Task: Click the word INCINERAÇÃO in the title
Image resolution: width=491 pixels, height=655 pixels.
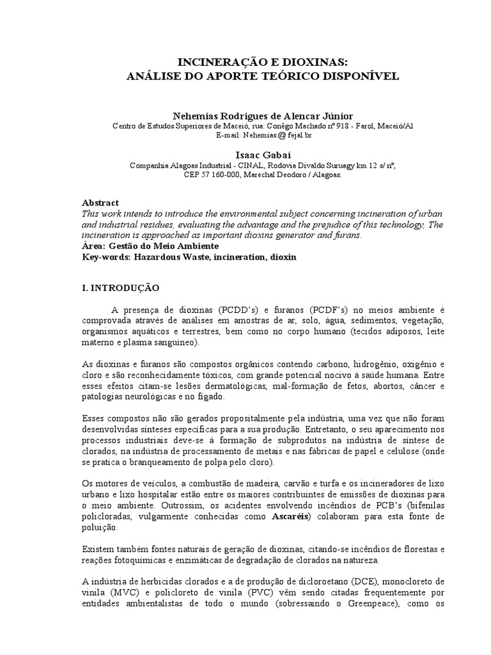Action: coord(215,62)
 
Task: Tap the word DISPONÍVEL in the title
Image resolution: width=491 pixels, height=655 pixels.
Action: coord(362,75)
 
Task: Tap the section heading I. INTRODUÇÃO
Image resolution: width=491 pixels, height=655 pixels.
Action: coord(121,288)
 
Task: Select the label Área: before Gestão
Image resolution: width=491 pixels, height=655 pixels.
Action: coord(95,246)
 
